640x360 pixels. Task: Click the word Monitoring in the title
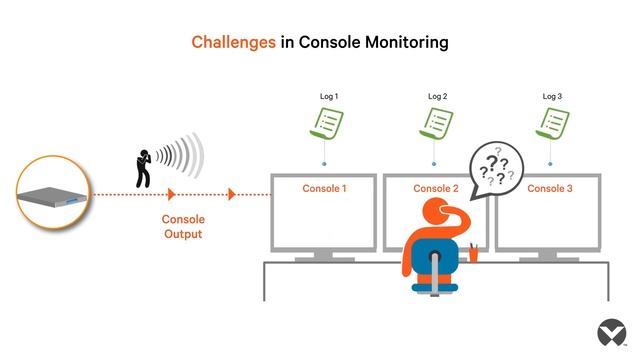(404, 42)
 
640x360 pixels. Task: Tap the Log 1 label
(329, 97)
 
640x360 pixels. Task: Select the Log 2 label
(438, 97)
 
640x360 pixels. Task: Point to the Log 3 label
(553, 97)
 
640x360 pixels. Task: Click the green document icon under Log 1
(327, 125)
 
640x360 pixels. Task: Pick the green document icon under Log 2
(436, 125)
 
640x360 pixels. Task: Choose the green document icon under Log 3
(553, 125)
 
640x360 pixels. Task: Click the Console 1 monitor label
(324, 188)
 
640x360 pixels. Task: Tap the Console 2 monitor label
(436, 188)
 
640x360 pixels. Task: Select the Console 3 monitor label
(550, 188)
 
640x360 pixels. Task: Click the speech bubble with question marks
(497, 167)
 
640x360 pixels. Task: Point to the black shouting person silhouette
(145, 168)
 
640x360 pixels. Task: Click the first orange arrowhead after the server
(172, 194)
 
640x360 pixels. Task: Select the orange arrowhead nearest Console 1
(232, 194)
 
